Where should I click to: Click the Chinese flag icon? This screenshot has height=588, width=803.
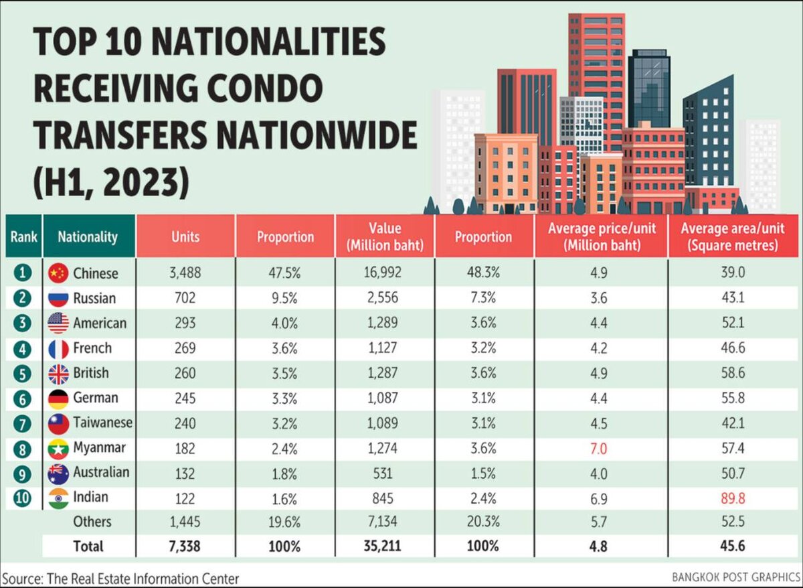59,273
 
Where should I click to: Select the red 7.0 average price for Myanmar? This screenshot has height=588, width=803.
600,448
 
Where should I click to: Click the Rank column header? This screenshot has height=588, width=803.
23,236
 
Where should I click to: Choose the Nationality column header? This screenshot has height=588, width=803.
88,236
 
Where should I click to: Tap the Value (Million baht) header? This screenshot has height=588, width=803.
384,236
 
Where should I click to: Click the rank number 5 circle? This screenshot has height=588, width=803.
23,373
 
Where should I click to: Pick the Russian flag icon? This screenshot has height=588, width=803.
59,298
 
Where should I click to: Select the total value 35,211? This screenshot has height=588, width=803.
384,546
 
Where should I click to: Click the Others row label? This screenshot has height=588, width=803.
93,521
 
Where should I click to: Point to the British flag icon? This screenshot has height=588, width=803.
59,373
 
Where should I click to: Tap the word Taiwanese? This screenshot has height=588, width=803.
103,423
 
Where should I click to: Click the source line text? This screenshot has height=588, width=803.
120,577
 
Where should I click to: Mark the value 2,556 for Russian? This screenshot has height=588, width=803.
384,298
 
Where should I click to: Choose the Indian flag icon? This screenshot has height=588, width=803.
59,498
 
